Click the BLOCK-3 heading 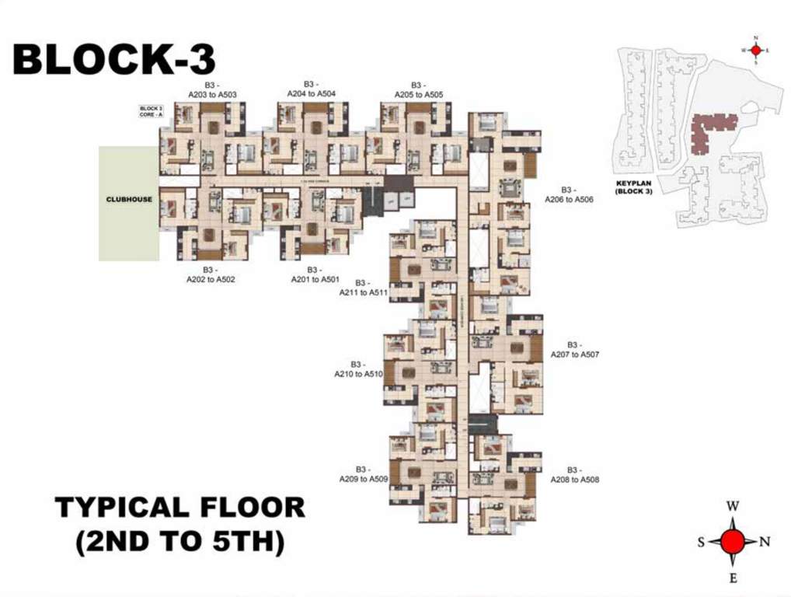click(114, 60)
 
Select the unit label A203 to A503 click(212, 90)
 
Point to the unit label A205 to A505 click(418, 90)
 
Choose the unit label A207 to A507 click(574, 349)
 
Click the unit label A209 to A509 click(363, 474)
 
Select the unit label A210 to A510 click(358, 368)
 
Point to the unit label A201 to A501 click(315, 274)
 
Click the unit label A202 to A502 click(211, 274)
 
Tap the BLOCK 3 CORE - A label click(151, 111)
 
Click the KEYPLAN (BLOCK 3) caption click(633, 187)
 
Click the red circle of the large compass click(732, 542)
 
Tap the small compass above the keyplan click(755, 49)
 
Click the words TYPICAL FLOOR click(180, 508)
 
